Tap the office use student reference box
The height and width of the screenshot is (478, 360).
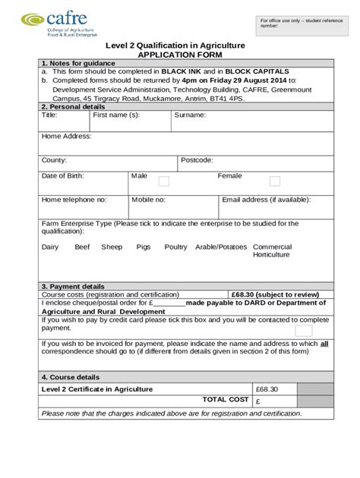292,24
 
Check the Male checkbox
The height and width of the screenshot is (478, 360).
163,181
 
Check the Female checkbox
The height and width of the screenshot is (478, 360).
275,181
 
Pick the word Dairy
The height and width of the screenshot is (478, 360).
50,247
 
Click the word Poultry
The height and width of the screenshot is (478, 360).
175,247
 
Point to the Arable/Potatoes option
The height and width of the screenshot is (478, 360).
221,247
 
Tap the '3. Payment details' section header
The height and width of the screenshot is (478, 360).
74,286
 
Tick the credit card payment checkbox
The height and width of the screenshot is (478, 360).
303,331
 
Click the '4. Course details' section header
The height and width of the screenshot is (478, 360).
71,377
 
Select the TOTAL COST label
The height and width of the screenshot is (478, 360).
226,399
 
